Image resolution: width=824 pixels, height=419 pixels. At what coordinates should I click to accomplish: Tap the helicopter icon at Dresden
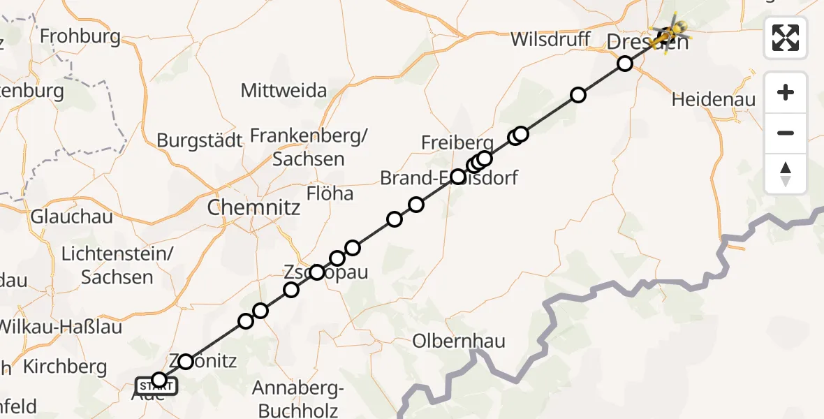click(670, 32)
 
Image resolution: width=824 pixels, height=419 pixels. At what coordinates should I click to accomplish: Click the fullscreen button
click(786, 37)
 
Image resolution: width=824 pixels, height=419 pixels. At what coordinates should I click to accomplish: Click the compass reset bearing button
click(786, 173)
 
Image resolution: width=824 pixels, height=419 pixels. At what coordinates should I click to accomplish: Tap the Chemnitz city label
click(253, 207)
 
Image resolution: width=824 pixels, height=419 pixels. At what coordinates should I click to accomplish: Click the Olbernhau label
click(458, 341)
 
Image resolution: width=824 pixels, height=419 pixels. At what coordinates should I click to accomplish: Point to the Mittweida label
click(284, 91)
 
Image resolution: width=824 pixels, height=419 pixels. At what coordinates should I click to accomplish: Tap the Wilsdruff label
click(550, 39)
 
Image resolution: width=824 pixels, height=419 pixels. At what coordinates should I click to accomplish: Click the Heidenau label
click(713, 100)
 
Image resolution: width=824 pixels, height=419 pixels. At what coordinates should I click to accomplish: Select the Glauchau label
click(71, 216)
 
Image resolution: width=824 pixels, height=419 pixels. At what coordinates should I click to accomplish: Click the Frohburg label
click(80, 36)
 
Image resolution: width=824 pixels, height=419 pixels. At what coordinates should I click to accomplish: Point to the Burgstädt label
click(199, 140)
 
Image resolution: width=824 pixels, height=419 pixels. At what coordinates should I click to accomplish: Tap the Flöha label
click(330, 193)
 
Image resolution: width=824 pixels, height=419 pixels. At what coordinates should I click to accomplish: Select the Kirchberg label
click(65, 367)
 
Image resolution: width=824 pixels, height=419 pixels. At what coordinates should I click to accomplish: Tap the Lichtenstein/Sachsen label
click(117, 265)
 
